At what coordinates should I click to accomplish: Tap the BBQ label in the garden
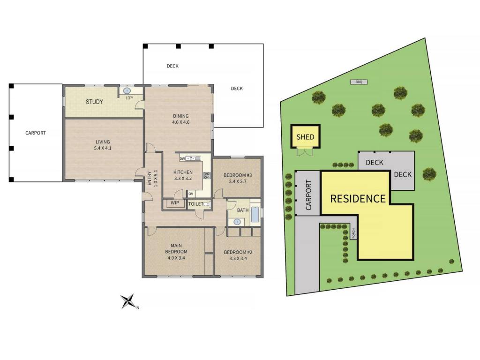(359, 82)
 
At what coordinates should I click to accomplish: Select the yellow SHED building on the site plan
(305, 136)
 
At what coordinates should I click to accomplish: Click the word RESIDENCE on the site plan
(358, 199)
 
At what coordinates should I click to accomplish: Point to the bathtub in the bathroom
(255, 214)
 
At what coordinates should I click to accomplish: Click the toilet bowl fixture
(207, 204)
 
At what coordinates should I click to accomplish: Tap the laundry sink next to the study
(127, 91)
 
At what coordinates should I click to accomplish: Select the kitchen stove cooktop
(207, 175)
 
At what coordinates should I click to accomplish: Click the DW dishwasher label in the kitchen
(182, 158)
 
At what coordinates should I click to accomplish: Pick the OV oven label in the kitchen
(191, 194)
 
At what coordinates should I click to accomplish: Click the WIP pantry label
(175, 202)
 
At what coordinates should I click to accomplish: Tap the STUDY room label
(94, 102)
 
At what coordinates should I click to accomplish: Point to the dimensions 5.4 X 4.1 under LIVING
(103, 148)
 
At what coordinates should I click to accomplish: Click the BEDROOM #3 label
(238, 175)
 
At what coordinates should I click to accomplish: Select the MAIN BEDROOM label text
(176, 248)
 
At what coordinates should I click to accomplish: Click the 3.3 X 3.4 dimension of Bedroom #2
(238, 258)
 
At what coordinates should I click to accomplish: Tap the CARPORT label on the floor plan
(36, 133)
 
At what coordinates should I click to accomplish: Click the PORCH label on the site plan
(353, 233)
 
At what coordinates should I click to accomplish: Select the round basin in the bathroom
(237, 222)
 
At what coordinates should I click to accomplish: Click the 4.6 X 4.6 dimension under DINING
(180, 122)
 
